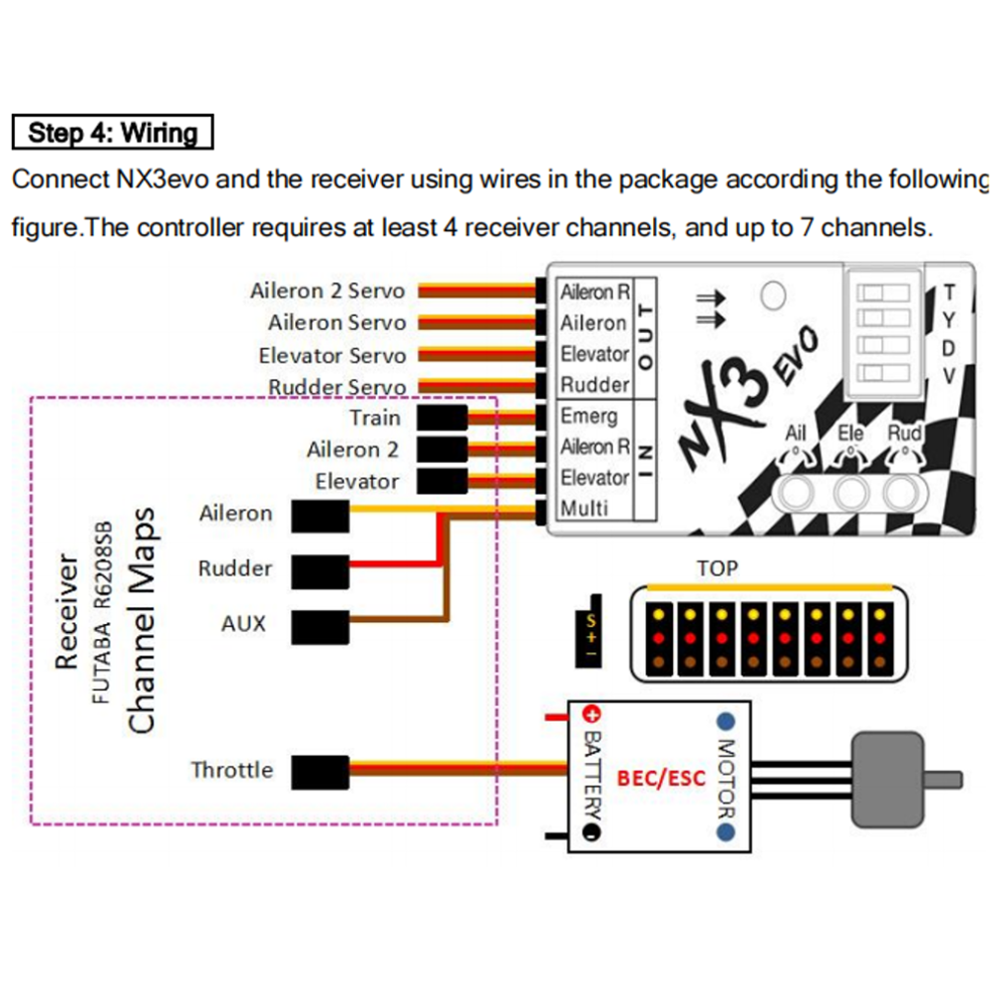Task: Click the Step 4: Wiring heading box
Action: tap(113, 133)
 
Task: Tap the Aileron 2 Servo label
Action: tap(327, 291)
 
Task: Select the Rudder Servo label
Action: tap(337, 387)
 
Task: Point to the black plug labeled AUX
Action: tap(320, 624)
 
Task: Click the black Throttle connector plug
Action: tap(320, 771)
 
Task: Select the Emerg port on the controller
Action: tap(589, 416)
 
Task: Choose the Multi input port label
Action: tap(584, 508)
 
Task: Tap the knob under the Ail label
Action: tap(798, 491)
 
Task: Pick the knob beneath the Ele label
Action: tap(850, 491)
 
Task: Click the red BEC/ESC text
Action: tap(661, 778)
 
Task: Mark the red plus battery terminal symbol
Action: tap(590, 714)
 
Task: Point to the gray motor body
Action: tap(886, 779)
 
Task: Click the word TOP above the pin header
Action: tap(717, 568)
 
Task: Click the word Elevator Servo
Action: tap(332, 356)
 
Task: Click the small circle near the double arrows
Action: tap(773, 294)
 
